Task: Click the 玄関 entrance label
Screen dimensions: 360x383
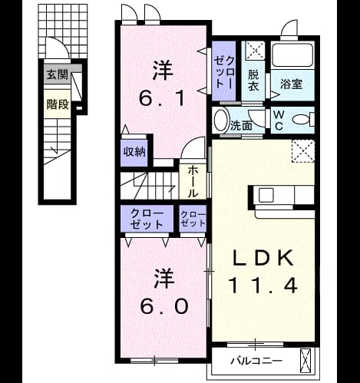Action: [x=57, y=75]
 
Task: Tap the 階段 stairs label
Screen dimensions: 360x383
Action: [x=58, y=104]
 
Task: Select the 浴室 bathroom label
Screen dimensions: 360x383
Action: [x=292, y=84]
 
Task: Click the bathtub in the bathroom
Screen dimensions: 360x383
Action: [x=292, y=55]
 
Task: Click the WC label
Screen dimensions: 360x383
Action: [x=279, y=121]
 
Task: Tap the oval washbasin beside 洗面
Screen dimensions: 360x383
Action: [x=221, y=121]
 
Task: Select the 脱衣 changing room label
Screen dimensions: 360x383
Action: [x=253, y=81]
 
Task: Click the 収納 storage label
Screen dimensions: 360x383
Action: [x=134, y=152]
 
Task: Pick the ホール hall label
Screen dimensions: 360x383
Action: [x=193, y=181]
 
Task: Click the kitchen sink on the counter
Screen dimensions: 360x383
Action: [x=266, y=196]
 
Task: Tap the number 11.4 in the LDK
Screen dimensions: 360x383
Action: [x=263, y=286]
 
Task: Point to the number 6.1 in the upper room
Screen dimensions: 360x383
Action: [x=162, y=98]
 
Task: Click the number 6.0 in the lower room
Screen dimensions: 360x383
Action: [x=164, y=305]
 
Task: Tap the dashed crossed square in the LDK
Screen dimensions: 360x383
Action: [x=303, y=150]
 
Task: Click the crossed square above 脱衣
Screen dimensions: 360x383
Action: [x=255, y=51]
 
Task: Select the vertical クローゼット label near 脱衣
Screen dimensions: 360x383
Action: [x=224, y=72]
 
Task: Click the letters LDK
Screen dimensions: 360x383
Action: [x=263, y=258]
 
